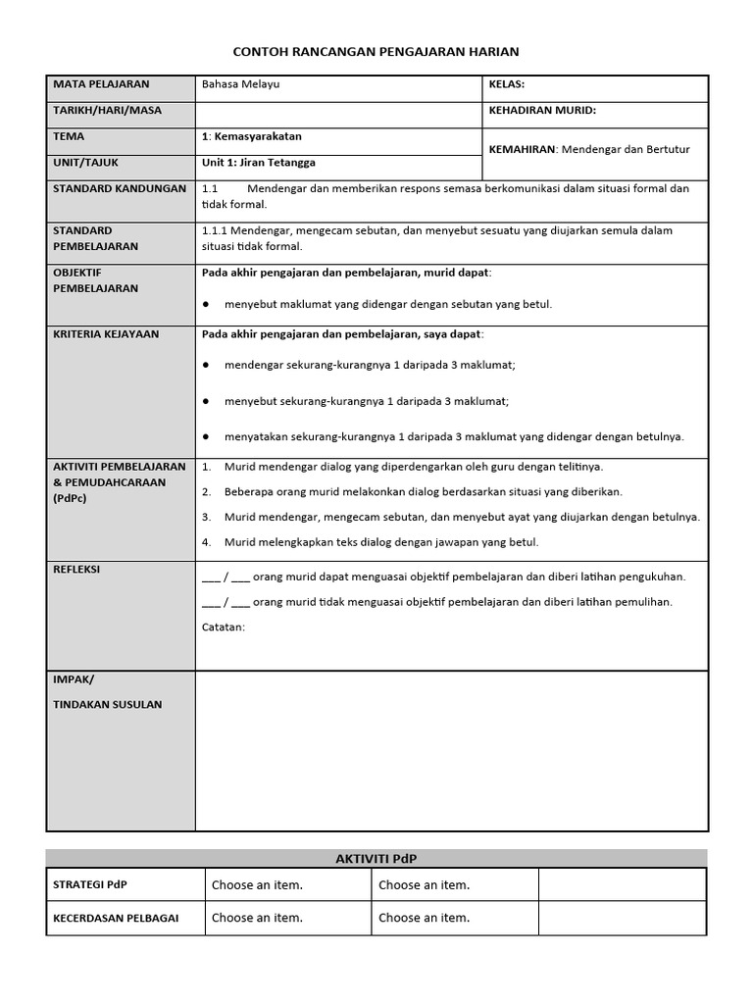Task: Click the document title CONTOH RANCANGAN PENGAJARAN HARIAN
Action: pos(376,51)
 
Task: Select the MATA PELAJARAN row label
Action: pos(101,84)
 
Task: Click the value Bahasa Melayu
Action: pos(240,85)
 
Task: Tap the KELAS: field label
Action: pos(507,85)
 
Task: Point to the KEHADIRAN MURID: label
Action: pos(542,111)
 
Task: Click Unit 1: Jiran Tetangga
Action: pos(259,163)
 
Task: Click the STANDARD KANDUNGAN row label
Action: pos(120,188)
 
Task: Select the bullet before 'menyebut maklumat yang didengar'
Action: pos(207,305)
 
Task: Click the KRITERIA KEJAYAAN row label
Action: pos(107,334)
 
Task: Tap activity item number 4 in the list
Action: pos(207,542)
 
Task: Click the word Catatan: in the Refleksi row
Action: pos(224,627)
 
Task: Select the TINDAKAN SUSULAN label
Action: pos(108,705)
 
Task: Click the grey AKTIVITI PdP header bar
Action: pos(376,858)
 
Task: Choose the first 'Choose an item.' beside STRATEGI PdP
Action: pos(257,885)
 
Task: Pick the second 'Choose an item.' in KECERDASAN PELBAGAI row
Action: pos(424,919)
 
